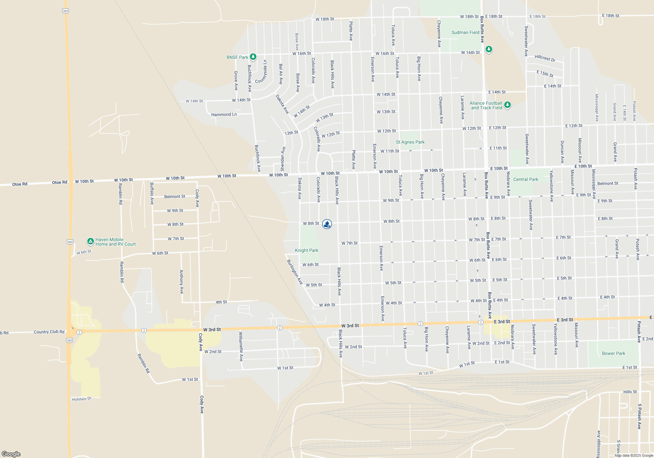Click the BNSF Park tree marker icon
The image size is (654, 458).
click(x=253, y=57)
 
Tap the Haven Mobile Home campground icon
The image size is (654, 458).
click(x=91, y=241)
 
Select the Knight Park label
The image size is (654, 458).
click(x=306, y=250)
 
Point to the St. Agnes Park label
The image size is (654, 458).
click(x=410, y=142)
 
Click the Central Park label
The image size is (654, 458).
click(x=525, y=179)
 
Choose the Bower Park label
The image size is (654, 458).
click(x=613, y=353)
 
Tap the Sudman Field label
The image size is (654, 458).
click(x=465, y=32)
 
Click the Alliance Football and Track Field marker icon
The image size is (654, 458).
click(x=508, y=105)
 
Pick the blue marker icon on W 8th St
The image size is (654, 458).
click(x=327, y=224)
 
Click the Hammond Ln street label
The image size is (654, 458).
click(x=224, y=114)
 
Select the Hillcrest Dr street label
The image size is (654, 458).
click(x=545, y=58)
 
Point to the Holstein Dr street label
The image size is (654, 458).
click(x=81, y=399)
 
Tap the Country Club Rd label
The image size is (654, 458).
click(x=49, y=332)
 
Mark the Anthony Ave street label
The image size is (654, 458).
click(x=181, y=282)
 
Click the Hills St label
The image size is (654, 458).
click(x=630, y=392)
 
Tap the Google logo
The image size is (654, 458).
click(x=11, y=454)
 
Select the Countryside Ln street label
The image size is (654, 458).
click(x=261, y=72)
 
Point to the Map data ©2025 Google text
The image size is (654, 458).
click(x=634, y=455)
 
